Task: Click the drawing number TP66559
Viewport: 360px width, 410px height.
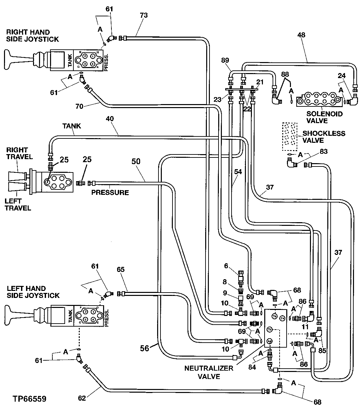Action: click(30, 399)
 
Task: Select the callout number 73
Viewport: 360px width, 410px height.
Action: click(144, 15)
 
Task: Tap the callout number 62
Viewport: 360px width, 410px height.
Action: click(82, 398)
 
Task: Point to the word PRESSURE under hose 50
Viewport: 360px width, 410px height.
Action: click(110, 192)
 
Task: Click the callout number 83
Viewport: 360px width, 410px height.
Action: click(323, 152)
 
